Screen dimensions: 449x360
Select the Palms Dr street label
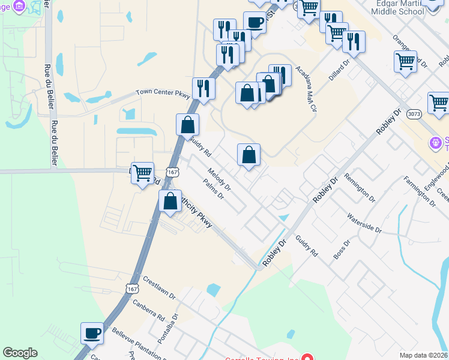(x=213, y=190)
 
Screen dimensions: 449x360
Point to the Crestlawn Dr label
(x=159, y=288)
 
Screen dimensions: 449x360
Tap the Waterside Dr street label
(x=364, y=223)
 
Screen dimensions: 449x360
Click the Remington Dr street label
(x=363, y=188)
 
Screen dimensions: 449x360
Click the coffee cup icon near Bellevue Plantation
(x=92, y=333)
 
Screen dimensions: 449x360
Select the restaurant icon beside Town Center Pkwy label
(x=203, y=89)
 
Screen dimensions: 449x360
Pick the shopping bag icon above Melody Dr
(x=249, y=155)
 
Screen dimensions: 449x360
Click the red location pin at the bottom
(x=308, y=356)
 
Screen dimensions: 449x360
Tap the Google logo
(x=20, y=353)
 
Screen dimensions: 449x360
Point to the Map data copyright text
(x=423, y=355)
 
